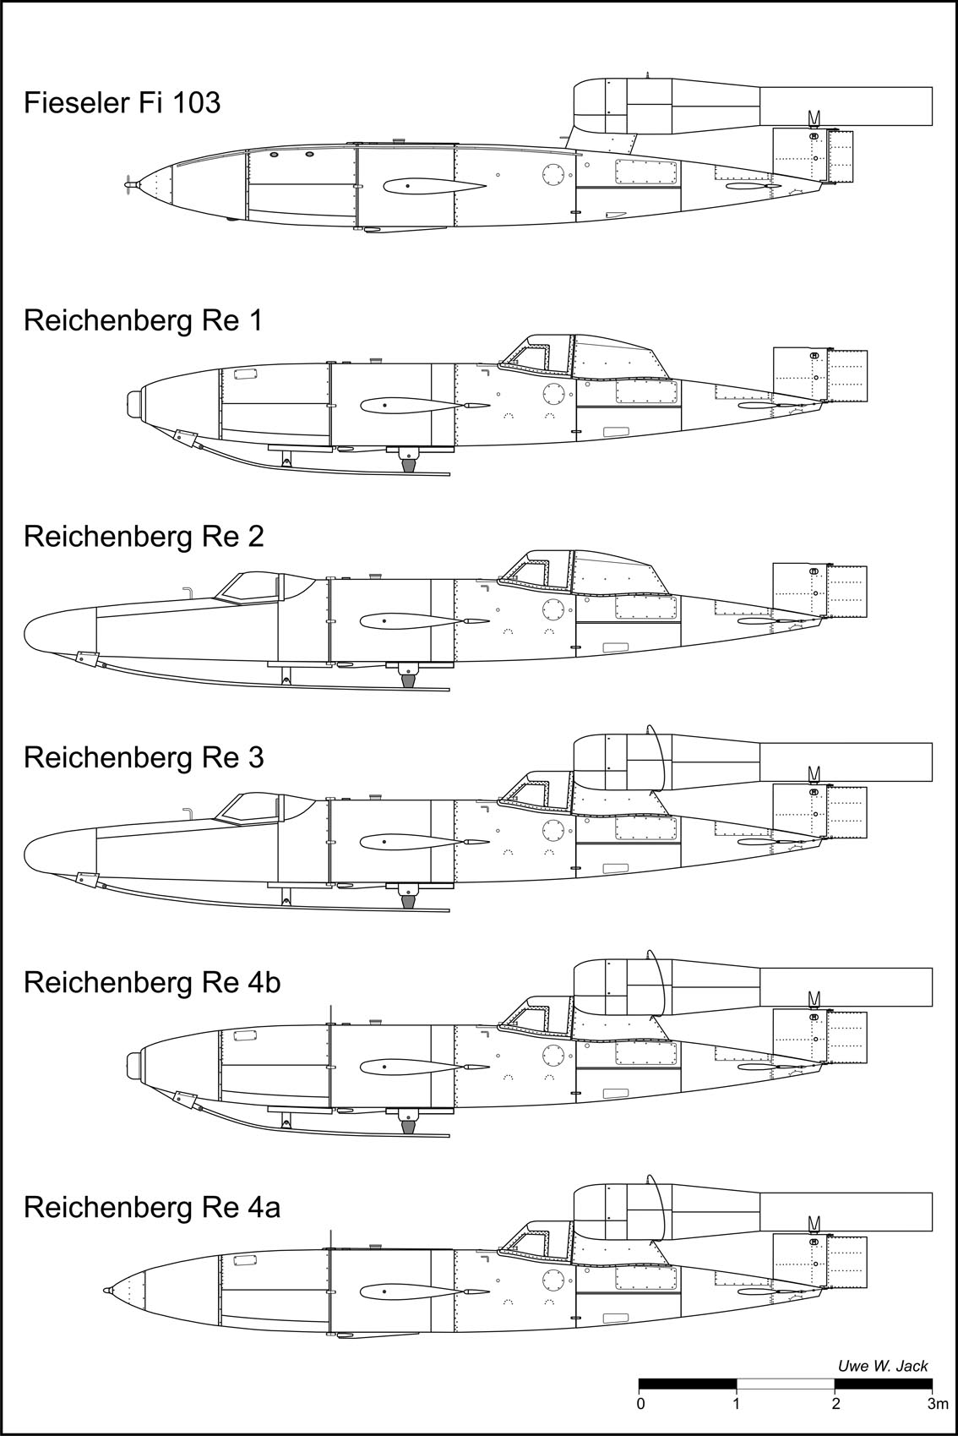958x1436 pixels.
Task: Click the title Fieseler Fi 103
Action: [x=122, y=103]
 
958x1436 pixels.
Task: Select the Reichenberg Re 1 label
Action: [x=143, y=321]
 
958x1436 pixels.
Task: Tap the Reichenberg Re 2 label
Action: [x=144, y=537]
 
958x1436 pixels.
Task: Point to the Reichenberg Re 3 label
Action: [x=144, y=757]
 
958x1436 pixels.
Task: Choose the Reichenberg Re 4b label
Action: [x=152, y=982]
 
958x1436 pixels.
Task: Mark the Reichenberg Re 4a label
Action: [x=152, y=1207]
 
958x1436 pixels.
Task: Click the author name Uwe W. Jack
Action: [x=882, y=1365]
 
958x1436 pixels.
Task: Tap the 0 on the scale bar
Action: [x=641, y=1405]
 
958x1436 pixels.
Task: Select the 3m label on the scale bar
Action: [x=936, y=1405]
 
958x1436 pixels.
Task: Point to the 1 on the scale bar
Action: [x=737, y=1405]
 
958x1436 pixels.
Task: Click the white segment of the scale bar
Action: [x=786, y=1384]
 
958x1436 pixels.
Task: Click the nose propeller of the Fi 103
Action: [x=128, y=183]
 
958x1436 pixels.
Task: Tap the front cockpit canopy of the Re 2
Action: [x=250, y=586]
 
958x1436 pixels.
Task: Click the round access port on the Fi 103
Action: [x=554, y=175]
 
